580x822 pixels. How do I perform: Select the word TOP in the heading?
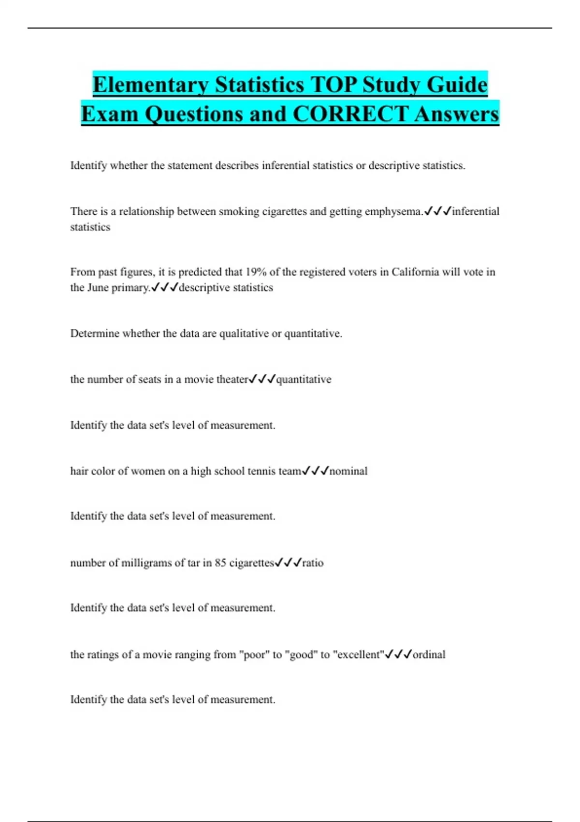pyautogui.click(x=333, y=85)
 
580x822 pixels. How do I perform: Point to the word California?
pyautogui.click(x=415, y=272)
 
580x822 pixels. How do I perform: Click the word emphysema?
pyautogui.click(x=394, y=211)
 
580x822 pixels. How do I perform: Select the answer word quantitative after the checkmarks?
pyautogui.click(x=304, y=379)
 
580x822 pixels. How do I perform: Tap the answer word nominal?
pyautogui.click(x=348, y=471)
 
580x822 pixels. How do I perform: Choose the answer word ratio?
pyautogui.click(x=313, y=563)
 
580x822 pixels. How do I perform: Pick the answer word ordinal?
pyautogui.click(x=429, y=654)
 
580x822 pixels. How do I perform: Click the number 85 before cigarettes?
pyautogui.click(x=220, y=563)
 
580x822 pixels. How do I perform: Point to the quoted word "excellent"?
pyautogui.click(x=359, y=654)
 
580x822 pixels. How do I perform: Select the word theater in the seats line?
pyautogui.click(x=232, y=379)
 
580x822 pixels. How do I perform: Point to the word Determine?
pyautogui.click(x=94, y=333)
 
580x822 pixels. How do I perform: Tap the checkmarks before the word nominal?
pyautogui.click(x=315, y=470)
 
